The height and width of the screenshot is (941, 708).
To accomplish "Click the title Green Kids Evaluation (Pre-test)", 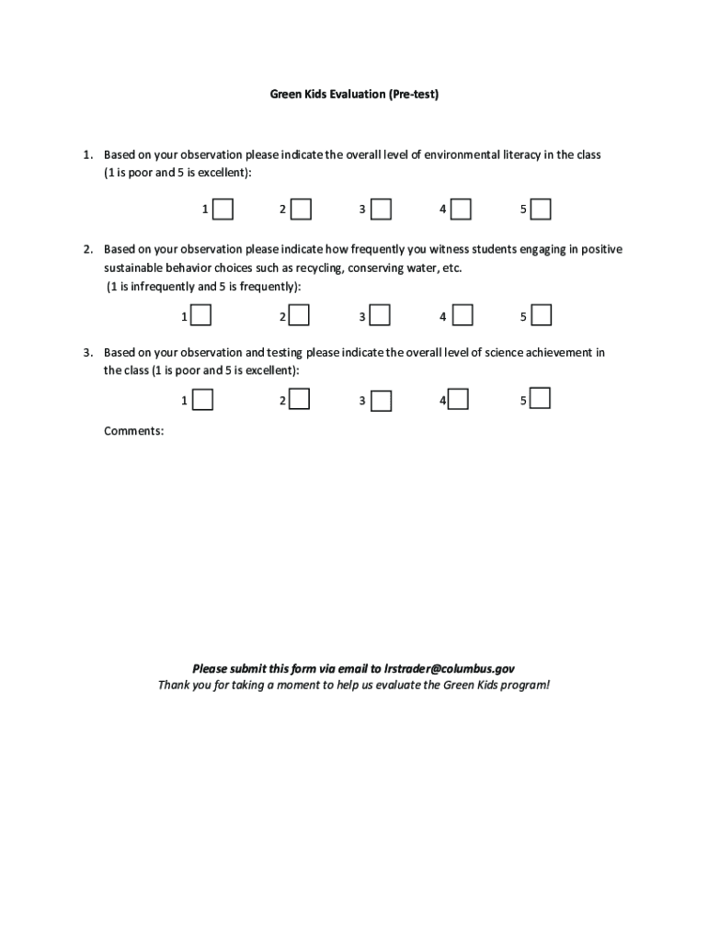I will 354,94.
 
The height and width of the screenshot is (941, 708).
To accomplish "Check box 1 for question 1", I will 222,210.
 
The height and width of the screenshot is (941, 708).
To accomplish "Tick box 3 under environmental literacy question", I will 381,210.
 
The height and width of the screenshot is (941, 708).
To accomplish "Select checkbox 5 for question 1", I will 541,210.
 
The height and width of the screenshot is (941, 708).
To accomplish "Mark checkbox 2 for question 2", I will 299,316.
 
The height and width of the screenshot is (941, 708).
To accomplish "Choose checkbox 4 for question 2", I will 462,316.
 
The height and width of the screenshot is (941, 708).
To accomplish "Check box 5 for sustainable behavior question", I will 541,316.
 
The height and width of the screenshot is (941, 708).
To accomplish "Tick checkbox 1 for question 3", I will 202,400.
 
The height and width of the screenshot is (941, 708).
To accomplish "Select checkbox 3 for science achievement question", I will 381,401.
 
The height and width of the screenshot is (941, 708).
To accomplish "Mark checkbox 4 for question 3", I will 458,399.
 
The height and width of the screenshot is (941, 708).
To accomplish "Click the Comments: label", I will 134,430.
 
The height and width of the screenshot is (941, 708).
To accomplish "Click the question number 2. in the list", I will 88,249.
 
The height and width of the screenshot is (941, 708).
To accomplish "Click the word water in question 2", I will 419,267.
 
